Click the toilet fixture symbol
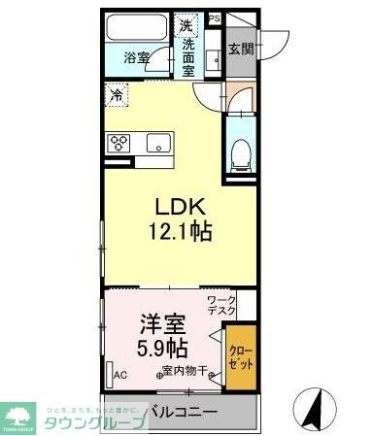click(243, 150)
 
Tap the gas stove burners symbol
click(121, 143)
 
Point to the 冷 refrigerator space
click(117, 95)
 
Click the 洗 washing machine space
click(185, 24)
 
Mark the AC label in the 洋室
click(120, 374)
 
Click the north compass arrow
click(314, 409)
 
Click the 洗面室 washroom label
click(188, 58)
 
